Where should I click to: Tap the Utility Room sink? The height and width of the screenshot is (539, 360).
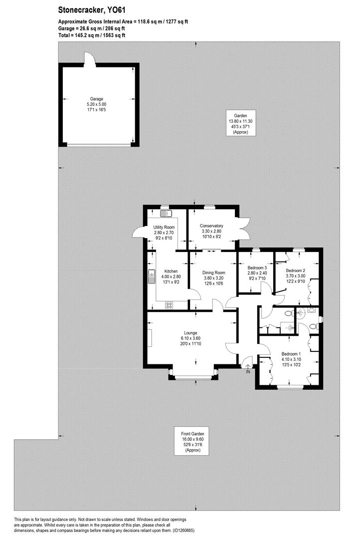point(166,214)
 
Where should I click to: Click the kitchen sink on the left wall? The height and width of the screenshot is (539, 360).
point(151,276)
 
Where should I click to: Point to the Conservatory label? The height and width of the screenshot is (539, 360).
point(211,226)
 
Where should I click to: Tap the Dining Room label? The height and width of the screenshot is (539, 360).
point(214,273)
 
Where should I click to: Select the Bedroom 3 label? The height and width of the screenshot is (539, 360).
point(257,268)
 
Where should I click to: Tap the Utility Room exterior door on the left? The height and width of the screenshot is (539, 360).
point(138,234)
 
